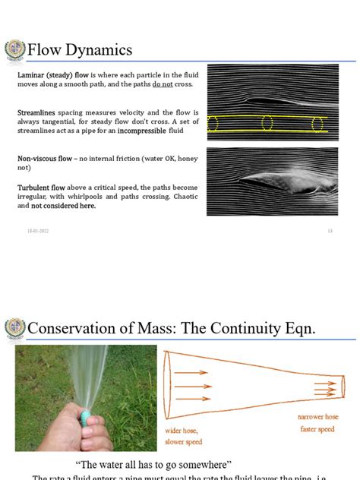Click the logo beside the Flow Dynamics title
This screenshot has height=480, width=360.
click(x=14, y=51)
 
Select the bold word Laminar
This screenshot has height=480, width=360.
click(x=32, y=76)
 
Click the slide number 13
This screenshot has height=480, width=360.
click(x=330, y=231)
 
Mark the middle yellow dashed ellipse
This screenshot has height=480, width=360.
click(x=267, y=123)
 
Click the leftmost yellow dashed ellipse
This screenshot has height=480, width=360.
click(x=213, y=123)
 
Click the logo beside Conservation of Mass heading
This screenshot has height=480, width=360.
click(x=14, y=327)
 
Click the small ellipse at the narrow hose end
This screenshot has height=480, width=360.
click(x=342, y=386)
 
